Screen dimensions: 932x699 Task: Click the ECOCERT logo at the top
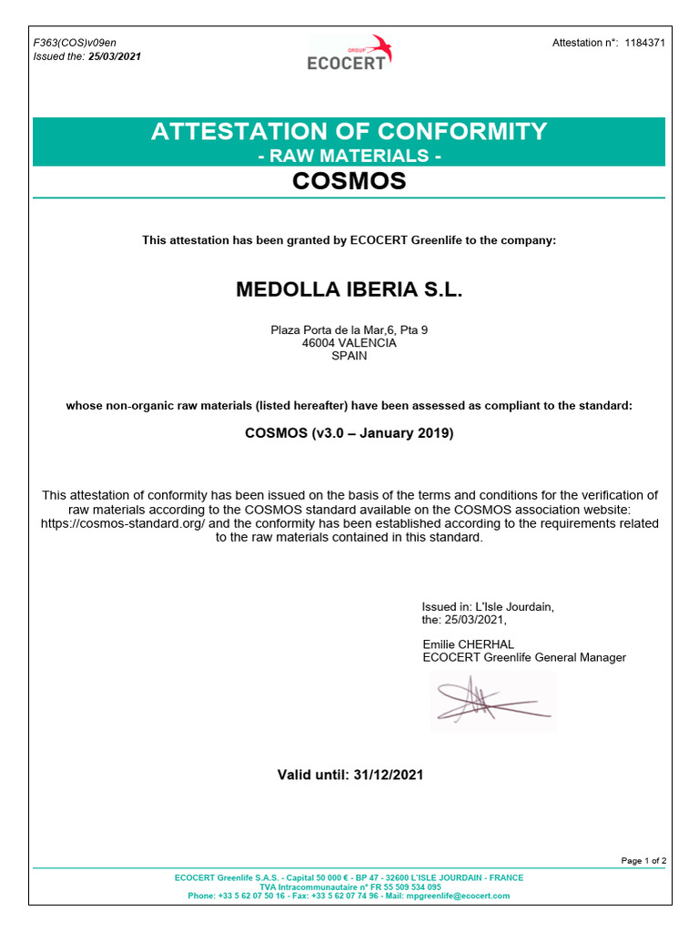(x=349, y=54)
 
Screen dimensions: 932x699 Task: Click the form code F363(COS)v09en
(x=75, y=43)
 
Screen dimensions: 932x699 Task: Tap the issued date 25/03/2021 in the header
(x=114, y=56)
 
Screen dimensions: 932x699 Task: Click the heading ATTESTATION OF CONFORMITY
(x=349, y=131)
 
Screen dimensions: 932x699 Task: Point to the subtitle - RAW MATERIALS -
(x=349, y=156)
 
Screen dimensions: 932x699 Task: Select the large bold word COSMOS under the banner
(x=349, y=181)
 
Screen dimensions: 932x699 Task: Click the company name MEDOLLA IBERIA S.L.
(x=349, y=290)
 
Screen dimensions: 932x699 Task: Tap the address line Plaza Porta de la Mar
(x=349, y=329)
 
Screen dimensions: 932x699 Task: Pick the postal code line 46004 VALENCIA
(x=349, y=343)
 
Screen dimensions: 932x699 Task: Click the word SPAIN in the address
(x=349, y=356)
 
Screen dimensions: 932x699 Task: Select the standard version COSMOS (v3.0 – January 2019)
(x=349, y=433)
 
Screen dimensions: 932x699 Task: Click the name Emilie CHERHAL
(x=469, y=644)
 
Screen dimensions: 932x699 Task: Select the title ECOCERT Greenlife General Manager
(x=524, y=657)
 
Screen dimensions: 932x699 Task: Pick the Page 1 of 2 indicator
(x=643, y=860)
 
